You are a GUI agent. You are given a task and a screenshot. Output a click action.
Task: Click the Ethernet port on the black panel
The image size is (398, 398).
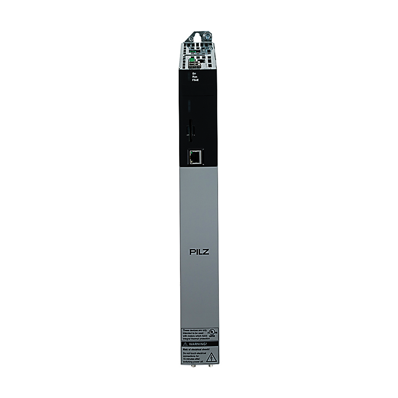click(195, 157)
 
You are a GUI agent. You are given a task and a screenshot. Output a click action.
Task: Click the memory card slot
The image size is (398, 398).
click(190, 130)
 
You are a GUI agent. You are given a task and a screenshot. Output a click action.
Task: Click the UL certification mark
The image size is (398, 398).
click(213, 333)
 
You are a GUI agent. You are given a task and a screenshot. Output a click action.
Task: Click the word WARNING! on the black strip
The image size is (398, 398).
click(200, 344)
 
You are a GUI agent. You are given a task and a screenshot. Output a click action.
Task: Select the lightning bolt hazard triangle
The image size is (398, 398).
click(212, 357)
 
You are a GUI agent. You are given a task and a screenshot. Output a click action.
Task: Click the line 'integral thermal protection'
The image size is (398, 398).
click(196, 338)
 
